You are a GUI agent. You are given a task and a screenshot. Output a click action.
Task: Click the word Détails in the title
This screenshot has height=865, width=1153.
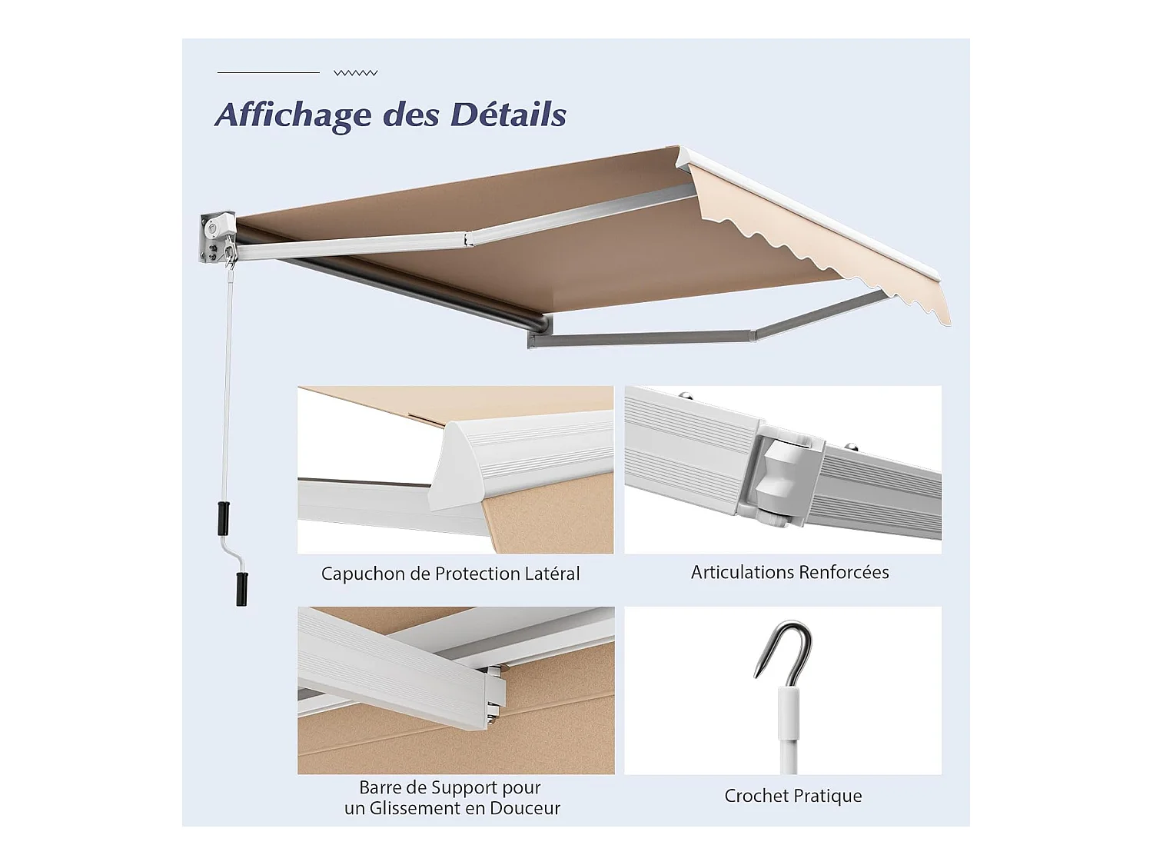click(x=508, y=114)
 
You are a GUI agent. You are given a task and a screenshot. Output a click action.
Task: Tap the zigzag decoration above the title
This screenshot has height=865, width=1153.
click(x=355, y=73)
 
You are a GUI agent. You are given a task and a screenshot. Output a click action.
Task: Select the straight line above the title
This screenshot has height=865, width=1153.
click(x=268, y=72)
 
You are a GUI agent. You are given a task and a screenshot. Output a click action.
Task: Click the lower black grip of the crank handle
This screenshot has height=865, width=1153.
click(x=242, y=588)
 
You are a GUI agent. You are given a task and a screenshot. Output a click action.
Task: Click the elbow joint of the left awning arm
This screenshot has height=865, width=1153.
click(x=468, y=238)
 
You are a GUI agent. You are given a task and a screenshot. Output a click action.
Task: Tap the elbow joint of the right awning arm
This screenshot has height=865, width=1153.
click(x=753, y=334)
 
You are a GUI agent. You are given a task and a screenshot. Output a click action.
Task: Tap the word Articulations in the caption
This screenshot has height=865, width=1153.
click(x=742, y=572)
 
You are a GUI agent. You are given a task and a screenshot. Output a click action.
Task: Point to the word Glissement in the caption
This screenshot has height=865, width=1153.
click(x=419, y=808)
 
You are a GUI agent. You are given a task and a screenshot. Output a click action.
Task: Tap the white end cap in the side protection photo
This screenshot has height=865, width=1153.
click(x=465, y=469)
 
